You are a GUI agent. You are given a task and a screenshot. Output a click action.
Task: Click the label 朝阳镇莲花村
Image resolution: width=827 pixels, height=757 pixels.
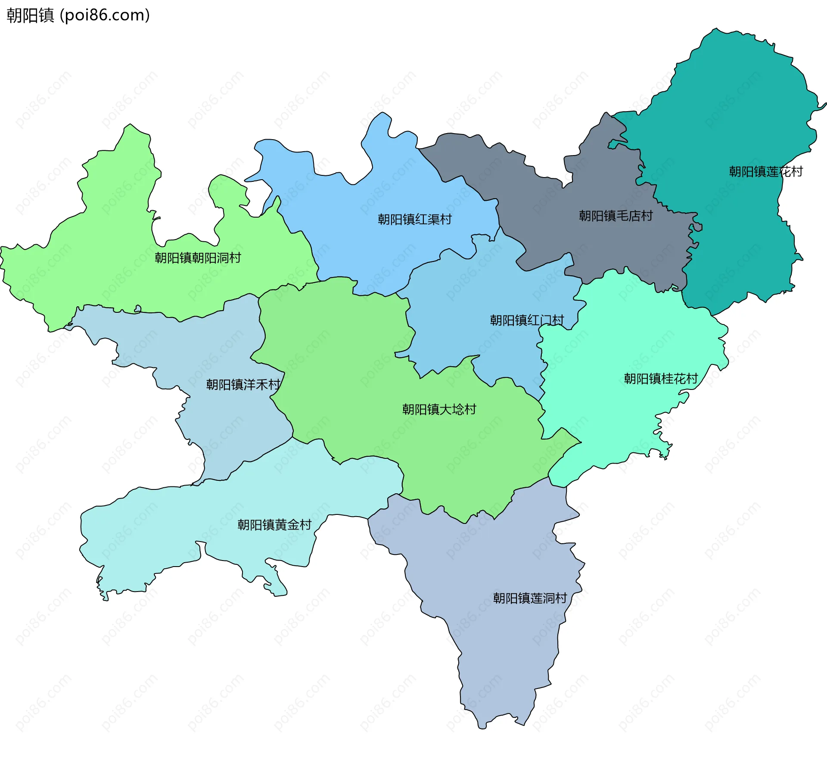pos(765,172)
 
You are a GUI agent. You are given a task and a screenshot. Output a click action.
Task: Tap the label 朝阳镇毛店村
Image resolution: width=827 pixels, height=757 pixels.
pos(616,216)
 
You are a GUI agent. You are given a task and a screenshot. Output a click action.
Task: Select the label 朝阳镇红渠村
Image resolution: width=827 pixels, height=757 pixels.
pos(414,220)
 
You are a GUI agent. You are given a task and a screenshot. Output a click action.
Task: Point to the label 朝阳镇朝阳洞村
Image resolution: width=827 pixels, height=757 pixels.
pos(198,258)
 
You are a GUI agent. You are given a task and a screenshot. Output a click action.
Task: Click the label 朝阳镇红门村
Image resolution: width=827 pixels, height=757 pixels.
pos(526,321)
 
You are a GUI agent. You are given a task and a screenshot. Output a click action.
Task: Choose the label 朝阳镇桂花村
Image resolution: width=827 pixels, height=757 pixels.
pos(661,379)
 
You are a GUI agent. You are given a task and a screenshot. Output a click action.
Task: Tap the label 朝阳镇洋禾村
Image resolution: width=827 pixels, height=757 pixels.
pos(243,385)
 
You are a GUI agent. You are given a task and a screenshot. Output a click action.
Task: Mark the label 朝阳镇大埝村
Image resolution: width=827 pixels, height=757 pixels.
pos(439,409)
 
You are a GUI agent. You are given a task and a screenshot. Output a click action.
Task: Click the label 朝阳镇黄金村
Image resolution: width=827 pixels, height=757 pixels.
pos(274,525)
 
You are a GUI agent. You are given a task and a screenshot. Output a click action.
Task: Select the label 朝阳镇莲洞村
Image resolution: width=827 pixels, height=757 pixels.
pos(530,598)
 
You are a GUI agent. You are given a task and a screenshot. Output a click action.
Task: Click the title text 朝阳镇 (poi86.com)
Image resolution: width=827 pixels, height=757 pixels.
pos(78,15)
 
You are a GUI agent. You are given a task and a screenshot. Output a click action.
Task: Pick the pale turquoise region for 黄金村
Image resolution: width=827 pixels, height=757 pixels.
pos(172,530)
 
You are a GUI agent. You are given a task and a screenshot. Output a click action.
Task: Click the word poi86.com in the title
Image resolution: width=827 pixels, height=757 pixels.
pos(105,15)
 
